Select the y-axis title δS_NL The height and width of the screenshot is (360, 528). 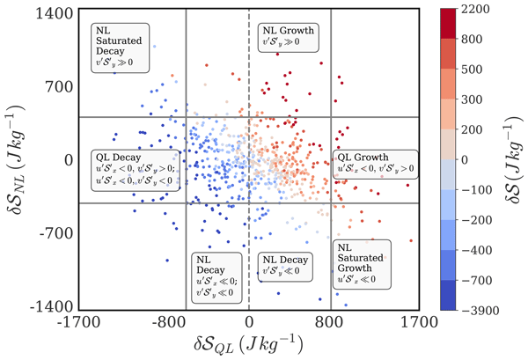[18, 159]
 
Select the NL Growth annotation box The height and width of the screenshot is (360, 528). [287, 40]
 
